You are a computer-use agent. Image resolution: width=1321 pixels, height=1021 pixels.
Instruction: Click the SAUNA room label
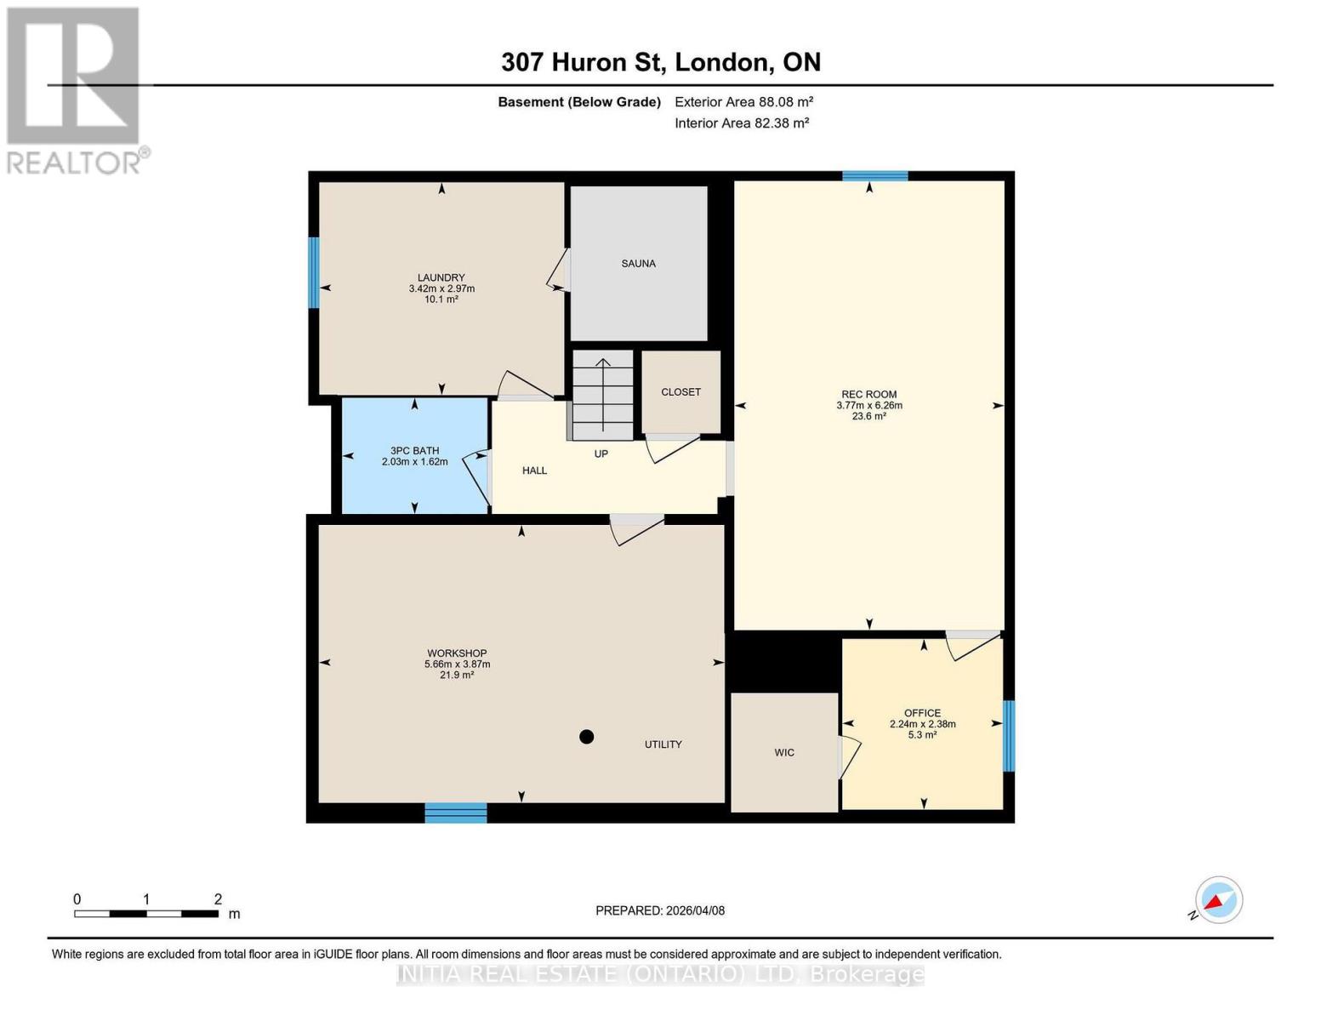pyautogui.click(x=638, y=264)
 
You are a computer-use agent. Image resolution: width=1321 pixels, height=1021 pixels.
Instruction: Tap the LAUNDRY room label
pyautogui.click(x=441, y=277)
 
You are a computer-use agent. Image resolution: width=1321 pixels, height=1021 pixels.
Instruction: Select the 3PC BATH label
pyautogui.click(x=414, y=451)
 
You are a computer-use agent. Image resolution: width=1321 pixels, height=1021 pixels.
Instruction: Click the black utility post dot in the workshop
pyautogui.click(x=586, y=737)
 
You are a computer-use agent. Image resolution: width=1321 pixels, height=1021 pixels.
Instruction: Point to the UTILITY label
pyautogui.click(x=663, y=744)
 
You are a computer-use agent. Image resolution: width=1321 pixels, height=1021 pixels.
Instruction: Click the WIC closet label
pyautogui.click(x=783, y=753)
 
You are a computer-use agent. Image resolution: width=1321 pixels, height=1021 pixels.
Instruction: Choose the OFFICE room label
pyautogui.click(x=922, y=713)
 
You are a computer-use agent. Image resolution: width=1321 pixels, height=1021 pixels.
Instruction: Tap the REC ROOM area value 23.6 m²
pyautogui.click(x=868, y=417)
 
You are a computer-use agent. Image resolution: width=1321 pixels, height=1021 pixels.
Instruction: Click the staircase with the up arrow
pyautogui.click(x=602, y=395)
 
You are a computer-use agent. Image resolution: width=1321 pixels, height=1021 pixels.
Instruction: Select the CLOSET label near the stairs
pyautogui.click(x=680, y=392)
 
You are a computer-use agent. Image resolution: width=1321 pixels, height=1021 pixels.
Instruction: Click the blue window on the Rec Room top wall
pyautogui.click(x=874, y=176)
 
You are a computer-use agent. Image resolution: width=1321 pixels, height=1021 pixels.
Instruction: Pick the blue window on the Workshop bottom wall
pyautogui.click(x=456, y=813)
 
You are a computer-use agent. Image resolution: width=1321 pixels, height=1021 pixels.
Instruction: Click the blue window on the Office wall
pyautogui.click(x=1009, y=736)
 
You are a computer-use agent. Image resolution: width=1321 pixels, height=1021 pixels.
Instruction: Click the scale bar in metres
pyautogui.click(x=146, y=914)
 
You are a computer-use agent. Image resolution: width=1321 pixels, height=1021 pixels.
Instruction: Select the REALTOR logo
pyautogui.click(x=75, y=89)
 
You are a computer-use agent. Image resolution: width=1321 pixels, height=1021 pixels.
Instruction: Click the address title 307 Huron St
pyautogui.click(x=660, y=62)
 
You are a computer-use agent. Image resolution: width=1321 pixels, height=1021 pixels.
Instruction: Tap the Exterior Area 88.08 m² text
pyautogui.click(x=743, y=102)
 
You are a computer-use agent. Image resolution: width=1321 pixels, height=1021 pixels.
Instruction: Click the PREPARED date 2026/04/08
pyautogui.click(x=660, y=910)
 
